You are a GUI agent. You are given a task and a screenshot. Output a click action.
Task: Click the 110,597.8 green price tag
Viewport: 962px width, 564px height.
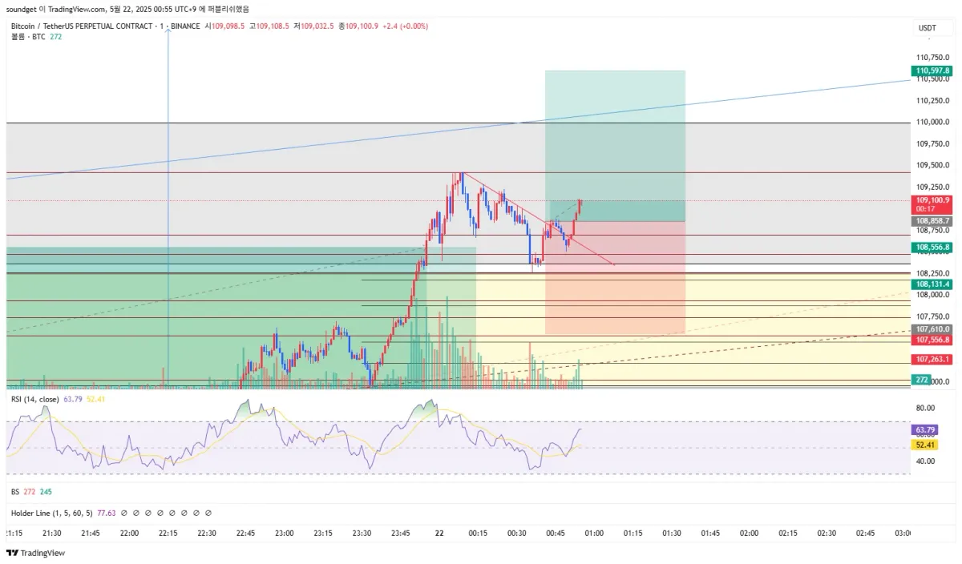pyautogui.click(x=932, y=71)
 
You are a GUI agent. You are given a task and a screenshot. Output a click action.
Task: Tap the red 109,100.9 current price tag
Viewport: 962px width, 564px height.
pyautogui.click(x=932, y=200)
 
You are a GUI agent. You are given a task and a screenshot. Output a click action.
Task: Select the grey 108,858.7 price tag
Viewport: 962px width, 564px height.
pyautogui.click(x=932, y=221)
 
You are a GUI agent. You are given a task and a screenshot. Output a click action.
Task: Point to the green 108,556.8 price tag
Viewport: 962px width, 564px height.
pyautogui.click(x=932, y=248)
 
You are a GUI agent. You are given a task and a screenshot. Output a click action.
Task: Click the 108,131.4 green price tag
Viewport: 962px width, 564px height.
pyautogui.click(x=932, y=284)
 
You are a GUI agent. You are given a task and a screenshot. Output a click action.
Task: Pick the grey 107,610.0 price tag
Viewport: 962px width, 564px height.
pyautogui.click(x=932, y=329)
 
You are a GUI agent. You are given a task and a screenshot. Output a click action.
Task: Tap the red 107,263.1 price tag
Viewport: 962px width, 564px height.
pyautogui.click(x=932, y=359)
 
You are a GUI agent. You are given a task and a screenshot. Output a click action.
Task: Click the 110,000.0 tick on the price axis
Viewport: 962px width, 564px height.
pyautogui.click(x=932, y=123)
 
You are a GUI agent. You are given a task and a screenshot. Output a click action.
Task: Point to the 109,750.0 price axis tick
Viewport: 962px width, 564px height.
pyautogui.click(x=932, y=144)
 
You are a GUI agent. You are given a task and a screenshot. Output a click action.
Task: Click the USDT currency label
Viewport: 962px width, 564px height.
pyautogui.click(x=927, y=28)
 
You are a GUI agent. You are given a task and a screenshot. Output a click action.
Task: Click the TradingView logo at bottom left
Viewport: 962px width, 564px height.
pyautogui.click(x=36, y=554)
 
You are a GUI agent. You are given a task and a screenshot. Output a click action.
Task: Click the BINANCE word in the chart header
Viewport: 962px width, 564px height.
pyautogui.click(x=184, y=26)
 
